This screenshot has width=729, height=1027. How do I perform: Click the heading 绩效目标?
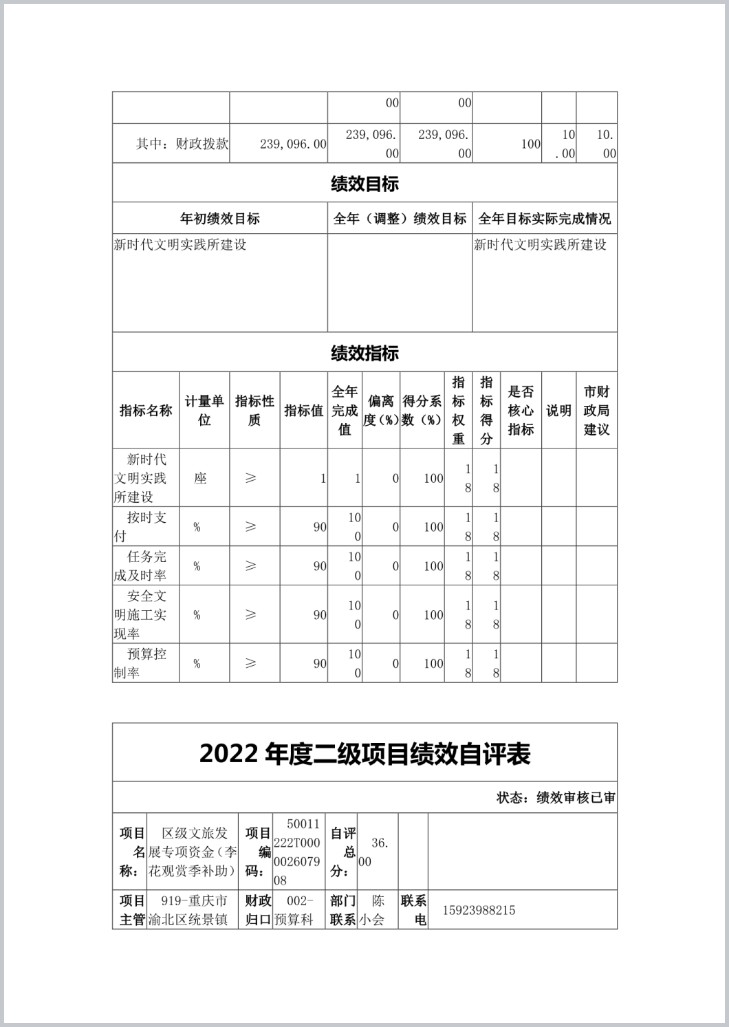point(364,184)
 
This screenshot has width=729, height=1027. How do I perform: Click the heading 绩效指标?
point(364,354)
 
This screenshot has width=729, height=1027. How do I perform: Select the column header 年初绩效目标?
point(220,219)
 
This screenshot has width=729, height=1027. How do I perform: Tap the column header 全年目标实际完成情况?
point(544,219)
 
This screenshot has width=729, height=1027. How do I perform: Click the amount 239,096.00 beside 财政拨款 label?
point(293,144)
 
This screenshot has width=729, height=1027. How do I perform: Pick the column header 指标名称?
point(146,411)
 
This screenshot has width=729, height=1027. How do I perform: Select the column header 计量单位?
point(204,411)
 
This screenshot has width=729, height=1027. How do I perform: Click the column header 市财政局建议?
point(596,411)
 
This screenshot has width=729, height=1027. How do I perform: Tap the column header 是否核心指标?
point(521,411)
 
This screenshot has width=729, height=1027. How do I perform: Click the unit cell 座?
point(200,478)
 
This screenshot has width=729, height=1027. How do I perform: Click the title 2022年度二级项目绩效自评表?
point(364,754)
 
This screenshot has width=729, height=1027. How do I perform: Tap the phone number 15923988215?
point(479,910)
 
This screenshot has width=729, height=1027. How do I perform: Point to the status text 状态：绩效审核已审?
point(556,798)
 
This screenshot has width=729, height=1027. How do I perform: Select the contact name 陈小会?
point(378,910)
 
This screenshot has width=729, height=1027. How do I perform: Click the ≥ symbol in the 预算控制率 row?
point(250,663)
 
